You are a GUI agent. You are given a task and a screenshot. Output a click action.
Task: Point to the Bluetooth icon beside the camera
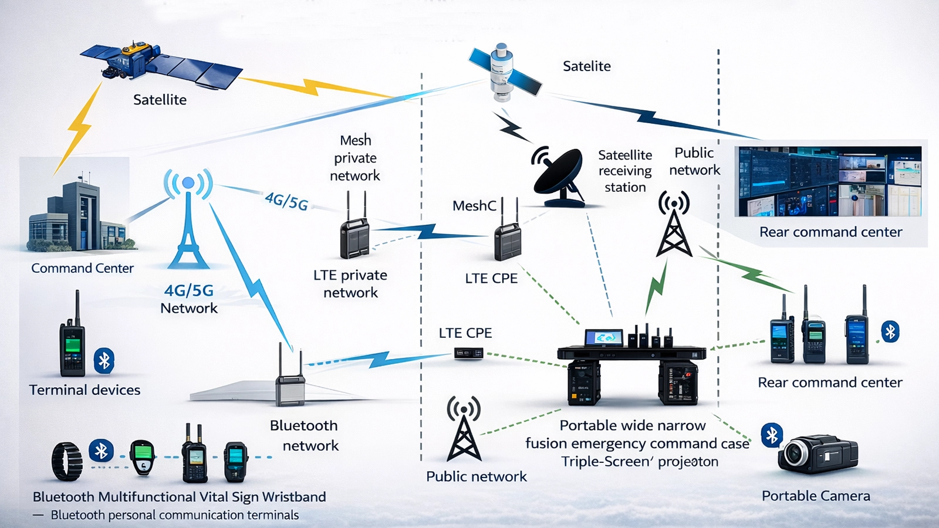772,435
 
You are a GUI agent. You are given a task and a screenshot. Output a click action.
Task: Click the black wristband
66,461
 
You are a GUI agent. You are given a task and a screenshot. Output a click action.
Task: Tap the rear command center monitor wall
829,181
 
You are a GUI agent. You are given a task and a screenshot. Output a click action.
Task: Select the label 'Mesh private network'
355,158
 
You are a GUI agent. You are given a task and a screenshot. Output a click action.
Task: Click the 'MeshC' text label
474,206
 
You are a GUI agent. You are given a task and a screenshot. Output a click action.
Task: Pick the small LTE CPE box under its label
468,353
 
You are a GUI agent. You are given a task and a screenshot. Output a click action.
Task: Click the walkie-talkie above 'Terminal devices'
72,340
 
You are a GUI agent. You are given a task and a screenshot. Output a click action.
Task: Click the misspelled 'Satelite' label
586,66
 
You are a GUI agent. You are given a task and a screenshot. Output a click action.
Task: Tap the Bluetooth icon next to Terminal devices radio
104,361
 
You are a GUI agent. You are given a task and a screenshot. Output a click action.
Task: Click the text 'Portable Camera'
815,496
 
